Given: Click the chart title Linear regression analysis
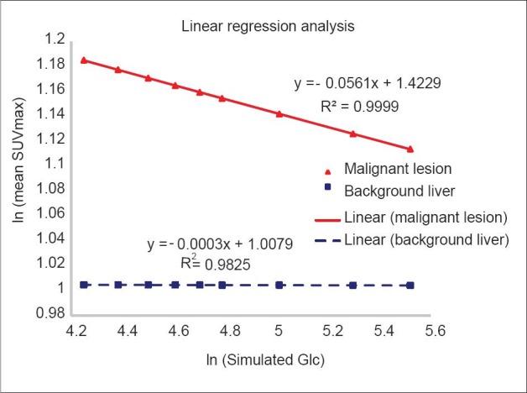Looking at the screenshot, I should click(x=269, y=26).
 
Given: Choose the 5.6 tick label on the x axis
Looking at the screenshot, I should click(x=457, y=333).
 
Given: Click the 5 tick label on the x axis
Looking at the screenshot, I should click(x=279, y=333).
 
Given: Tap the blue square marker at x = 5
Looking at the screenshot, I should click(x=279, y=285).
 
